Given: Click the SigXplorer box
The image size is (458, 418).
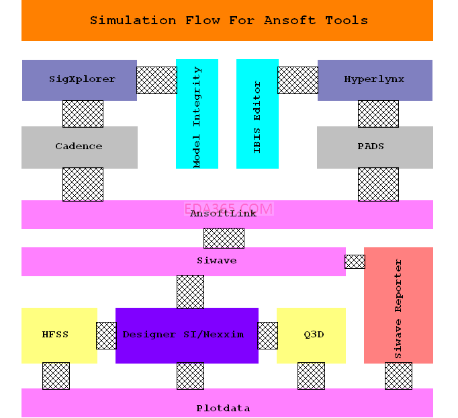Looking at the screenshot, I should [79, 80].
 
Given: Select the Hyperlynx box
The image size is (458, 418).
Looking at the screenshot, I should [375, 80].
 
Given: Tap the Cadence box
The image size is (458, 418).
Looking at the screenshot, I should [79, 147].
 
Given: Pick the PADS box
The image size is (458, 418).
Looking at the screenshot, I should [375, 147].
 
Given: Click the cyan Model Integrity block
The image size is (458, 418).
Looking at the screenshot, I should [197, 114].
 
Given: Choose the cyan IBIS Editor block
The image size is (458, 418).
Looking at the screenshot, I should [257, 114].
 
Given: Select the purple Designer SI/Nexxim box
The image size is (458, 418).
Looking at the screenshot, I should [187, 335].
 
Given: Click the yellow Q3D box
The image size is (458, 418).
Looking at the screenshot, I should [311, 335].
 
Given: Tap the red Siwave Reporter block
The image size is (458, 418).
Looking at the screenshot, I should [398, 305].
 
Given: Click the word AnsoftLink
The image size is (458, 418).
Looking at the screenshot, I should [214, 214].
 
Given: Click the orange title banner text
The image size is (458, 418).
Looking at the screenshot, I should [228, 20].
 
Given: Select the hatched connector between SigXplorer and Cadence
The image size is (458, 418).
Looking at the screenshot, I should [83, 114].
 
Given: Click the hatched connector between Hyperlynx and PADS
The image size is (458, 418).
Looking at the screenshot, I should [378, 114].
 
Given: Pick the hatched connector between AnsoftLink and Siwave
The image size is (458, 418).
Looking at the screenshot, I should [224, 238].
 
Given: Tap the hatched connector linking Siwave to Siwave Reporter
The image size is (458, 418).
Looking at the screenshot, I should [355, 261].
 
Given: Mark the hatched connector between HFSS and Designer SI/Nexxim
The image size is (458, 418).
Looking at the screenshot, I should [106, 335].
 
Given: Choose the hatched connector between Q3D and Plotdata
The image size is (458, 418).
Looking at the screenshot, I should [311, 376].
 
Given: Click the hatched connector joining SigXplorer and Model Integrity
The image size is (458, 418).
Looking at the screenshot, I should [156, 80].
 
